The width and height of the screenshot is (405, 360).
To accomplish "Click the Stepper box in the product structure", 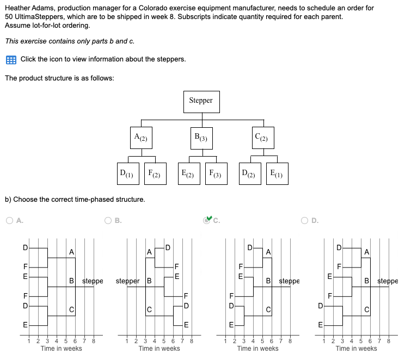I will pos(201,101).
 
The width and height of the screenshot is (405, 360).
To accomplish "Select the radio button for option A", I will pos(10,221).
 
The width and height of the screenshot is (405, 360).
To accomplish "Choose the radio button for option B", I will pos(108,221).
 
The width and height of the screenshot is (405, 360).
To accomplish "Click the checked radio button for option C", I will pos(207,221).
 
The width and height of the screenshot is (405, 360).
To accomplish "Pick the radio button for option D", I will pos(305,221).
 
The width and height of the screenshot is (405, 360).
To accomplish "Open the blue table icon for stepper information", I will pos(11,59).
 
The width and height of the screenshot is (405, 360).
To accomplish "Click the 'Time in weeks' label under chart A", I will pos(62,349).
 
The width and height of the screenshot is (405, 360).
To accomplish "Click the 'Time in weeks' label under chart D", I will pos(356,349).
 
